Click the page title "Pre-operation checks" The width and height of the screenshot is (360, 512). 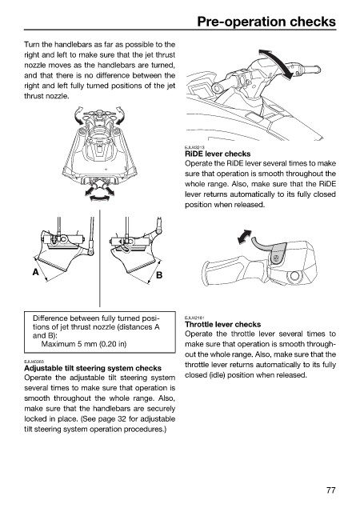coord(266,22)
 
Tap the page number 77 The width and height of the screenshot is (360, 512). coord(330,490)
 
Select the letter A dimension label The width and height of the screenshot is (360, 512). coord(36,272)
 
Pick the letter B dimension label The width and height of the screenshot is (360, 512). coord(159,275)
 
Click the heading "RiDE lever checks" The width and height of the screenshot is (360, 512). coord(218,154)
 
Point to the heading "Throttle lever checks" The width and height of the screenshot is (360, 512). coord(222,325)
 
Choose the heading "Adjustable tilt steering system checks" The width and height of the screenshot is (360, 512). coord(93,368)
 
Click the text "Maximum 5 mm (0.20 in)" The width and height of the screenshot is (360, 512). coord(84,344)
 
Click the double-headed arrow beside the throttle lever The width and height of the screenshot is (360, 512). coord(245,237)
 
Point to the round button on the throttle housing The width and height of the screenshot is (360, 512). coord(294,276)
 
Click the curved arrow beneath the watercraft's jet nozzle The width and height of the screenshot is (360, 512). coord(98,198)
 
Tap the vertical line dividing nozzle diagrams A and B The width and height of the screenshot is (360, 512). coord(100,258)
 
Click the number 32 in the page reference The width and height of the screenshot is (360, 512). coord(122,419)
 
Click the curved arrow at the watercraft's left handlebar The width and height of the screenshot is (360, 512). coord(78,116)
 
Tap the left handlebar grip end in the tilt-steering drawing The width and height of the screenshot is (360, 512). coord(216,87)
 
